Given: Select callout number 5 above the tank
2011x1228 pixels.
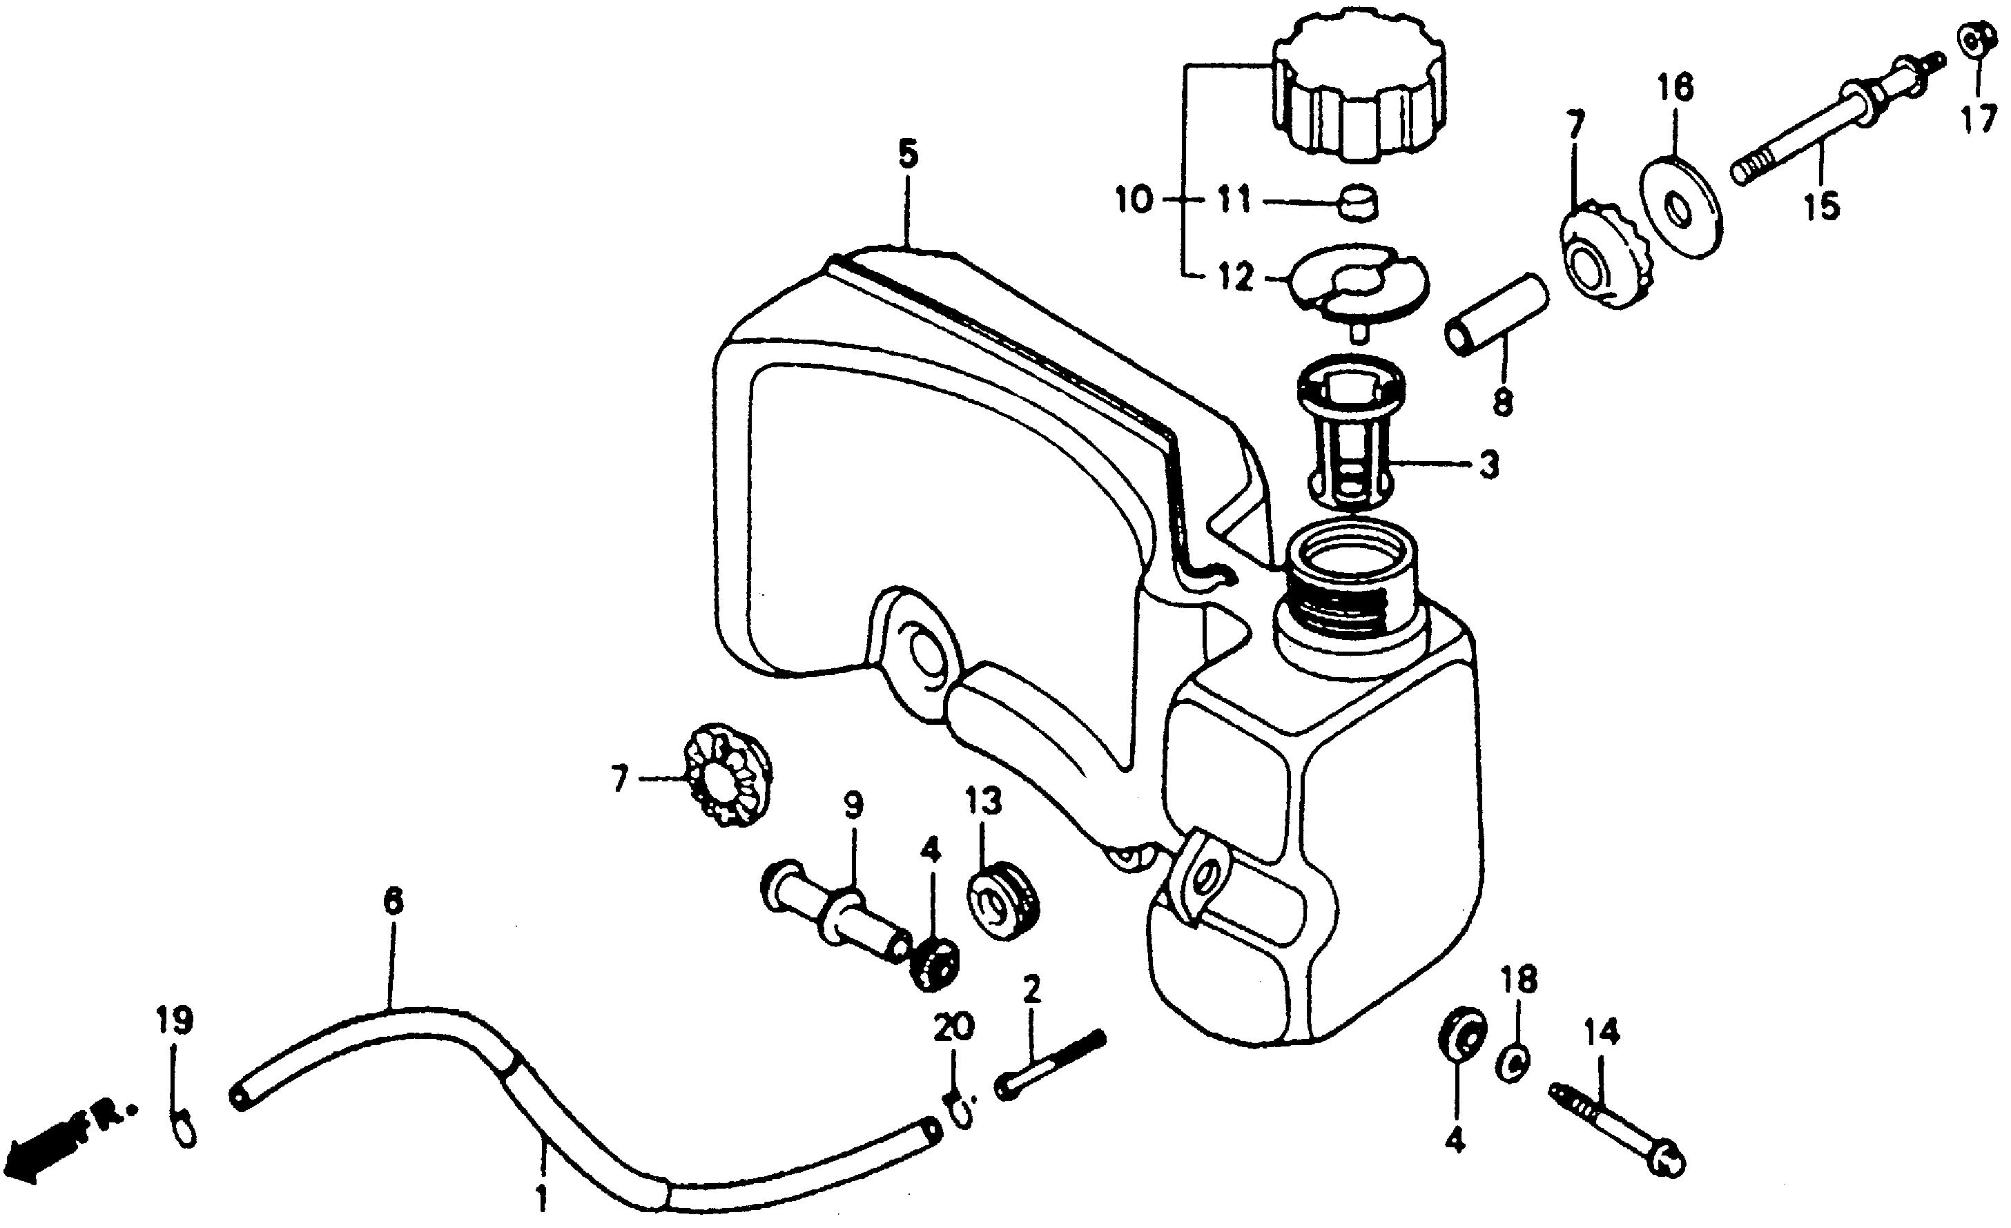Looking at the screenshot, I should click(909, 154).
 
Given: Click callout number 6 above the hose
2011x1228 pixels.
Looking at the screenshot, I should click(393, 901).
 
